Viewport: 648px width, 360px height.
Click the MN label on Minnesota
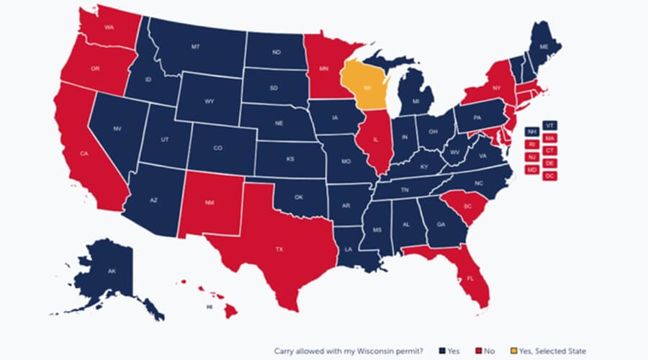324,71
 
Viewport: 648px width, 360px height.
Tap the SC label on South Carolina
467,205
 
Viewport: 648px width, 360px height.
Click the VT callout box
550,125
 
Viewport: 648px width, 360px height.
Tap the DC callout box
550,176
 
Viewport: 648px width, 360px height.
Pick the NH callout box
532,132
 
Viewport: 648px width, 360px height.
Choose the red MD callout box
532,170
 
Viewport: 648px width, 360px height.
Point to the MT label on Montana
195,47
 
